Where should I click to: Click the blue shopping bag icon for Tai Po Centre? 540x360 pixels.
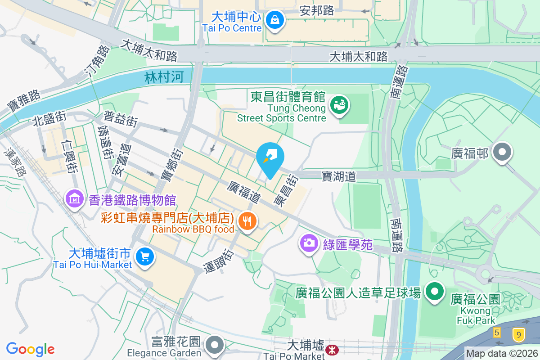(x=274, y=19)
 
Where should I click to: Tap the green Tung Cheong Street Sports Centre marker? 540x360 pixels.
(x=340, y=104)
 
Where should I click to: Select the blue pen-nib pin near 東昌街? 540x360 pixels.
(x=270, y=158)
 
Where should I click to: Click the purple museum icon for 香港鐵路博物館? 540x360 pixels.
(x=74, y=198)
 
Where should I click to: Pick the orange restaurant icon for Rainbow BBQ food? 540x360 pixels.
(x=247, y=221)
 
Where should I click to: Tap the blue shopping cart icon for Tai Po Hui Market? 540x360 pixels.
(x=144, y=257)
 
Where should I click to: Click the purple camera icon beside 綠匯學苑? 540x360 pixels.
(x=309, y=243)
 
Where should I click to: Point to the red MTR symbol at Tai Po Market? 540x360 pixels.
(x=333, y=349)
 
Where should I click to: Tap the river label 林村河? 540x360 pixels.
(x=164, y=77)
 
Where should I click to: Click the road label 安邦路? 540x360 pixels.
(x=317, y=10)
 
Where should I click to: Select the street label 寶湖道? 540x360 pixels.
(x=339, y=176)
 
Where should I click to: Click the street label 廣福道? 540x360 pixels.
(x=244, y=191)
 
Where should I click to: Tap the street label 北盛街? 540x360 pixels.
(x=49, y=119)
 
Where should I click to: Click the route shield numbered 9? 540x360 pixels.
(x=518, y=334)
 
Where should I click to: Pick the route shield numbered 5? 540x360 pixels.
(x=497, y=333)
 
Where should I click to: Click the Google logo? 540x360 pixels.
(x=30, y=349)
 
